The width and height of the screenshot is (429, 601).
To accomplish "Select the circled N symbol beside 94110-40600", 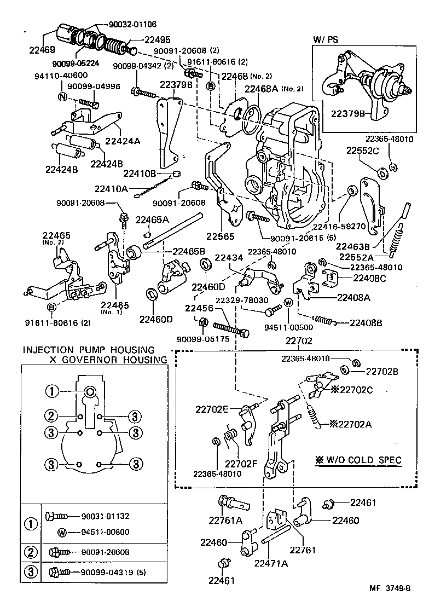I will click(62, 97).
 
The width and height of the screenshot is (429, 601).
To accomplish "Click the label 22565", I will click(220, 237).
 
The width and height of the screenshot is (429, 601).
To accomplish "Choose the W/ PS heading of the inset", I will click(326, 39).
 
